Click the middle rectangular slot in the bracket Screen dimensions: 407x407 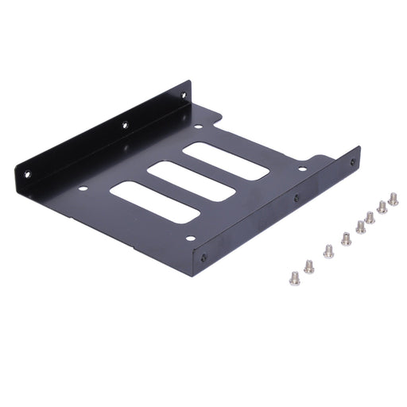click(x=191, y=181)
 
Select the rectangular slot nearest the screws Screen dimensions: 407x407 click(x=225, y=161)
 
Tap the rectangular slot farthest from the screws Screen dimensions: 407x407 click(x=153, y=202)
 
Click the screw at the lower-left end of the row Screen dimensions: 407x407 click(x=295, y=277)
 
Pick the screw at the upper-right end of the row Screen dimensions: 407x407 click(x=393, y=199)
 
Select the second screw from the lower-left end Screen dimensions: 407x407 click(x=308, y=266)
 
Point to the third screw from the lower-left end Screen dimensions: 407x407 click(x=328, y=251)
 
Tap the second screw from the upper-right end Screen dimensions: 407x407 click(x=382, y=207)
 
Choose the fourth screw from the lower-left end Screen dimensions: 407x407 click(x=346, y=238)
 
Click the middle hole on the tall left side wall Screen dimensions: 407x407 click(x=124, y=125)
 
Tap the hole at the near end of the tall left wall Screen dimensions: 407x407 click(x=27, y=173)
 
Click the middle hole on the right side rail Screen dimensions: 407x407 click(x=297, y=198)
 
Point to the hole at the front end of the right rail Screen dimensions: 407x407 click(x=203, y=257)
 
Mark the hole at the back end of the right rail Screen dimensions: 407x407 click(x=353, y=162)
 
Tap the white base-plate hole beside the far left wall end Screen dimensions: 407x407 click(x=198, y=126)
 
